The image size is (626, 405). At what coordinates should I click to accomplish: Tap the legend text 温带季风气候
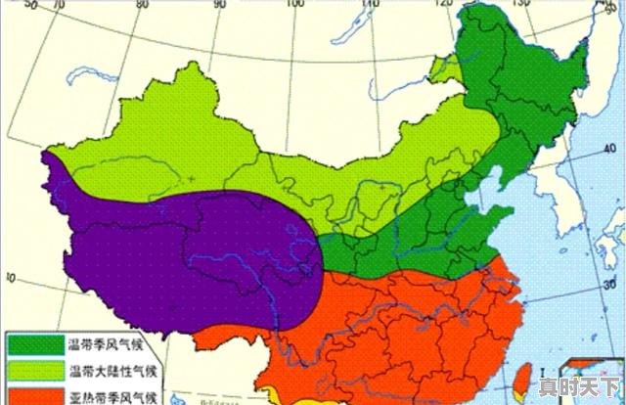point(105,344)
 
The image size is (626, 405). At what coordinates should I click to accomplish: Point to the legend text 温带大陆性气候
point(111,372)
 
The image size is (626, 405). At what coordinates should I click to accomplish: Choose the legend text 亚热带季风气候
point(111,397)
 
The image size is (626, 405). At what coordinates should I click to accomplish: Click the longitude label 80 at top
point(144,5)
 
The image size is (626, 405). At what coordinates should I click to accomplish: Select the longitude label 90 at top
point(217,5)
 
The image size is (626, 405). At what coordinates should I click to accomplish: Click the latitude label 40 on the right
point(611,148)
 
